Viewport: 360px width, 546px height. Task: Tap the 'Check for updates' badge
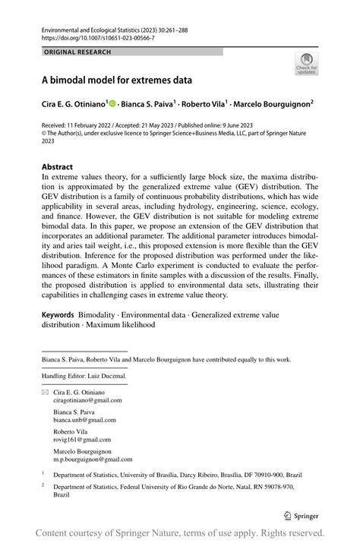(306, 64)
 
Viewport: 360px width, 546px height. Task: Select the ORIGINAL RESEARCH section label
(77, 52)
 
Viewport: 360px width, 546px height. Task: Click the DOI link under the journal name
(99, 37)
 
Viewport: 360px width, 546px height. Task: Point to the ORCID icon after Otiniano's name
(112, 103)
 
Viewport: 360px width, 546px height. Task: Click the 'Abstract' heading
(57, 167)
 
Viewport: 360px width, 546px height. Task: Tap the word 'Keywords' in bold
(58, 314)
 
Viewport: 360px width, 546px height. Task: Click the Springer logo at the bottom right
(300, 515)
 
